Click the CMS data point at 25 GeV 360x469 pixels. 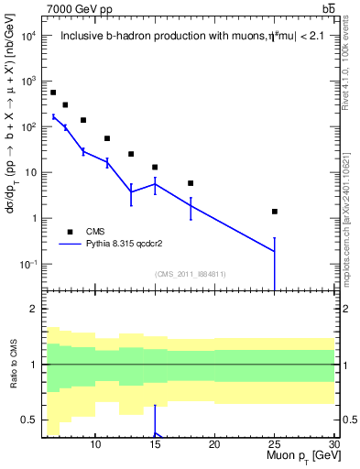(274, 212)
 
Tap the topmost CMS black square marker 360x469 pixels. (53, 93)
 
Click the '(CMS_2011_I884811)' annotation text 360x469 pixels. (191, 273)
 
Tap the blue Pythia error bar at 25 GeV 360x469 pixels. (274, 256)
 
